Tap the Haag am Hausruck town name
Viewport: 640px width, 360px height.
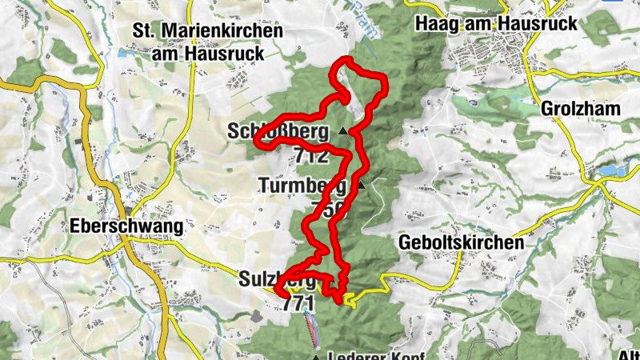[496, 24]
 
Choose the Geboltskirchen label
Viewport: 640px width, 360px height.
[461, 242]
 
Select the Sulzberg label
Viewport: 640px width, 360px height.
[276, 280]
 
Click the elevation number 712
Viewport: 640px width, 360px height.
[311, 155]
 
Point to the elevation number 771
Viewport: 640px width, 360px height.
[298, 303]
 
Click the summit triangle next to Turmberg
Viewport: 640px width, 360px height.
[361, 186]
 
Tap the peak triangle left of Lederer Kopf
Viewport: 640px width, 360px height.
[316, 357]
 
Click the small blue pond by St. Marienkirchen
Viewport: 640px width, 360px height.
[122, 54]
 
